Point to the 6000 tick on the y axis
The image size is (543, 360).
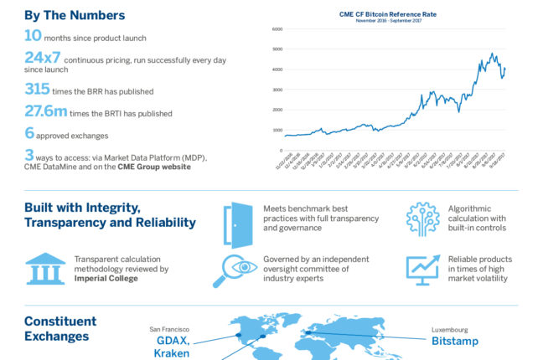277,28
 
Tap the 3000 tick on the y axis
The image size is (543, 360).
277,90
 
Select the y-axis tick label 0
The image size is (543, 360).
281,151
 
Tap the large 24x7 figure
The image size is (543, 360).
44,58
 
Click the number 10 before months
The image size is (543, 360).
33,35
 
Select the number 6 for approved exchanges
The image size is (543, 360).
29,132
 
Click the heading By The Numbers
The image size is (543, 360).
75,14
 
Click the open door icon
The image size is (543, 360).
238,224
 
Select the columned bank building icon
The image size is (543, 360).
45,269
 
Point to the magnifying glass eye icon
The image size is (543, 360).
238,270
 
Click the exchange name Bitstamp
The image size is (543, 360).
455,342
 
